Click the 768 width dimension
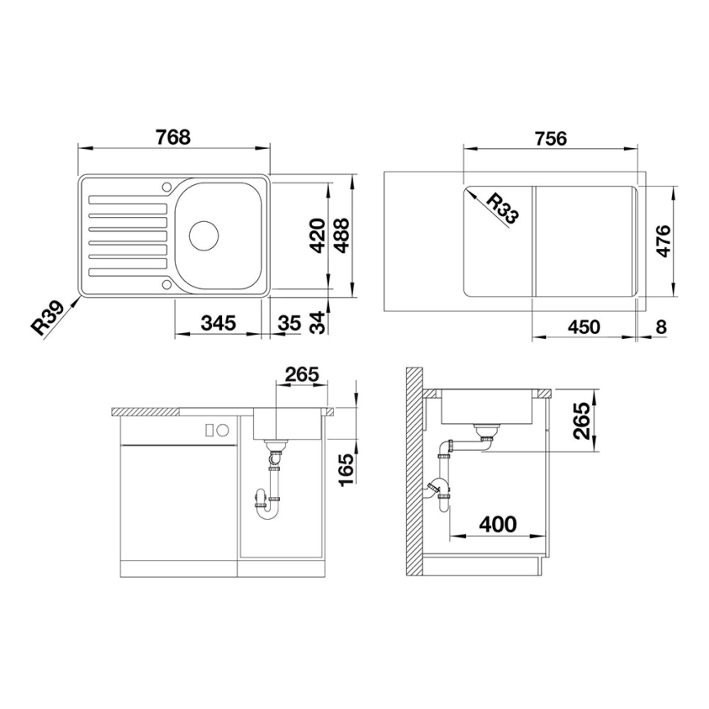[173, 138]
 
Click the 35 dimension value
[288, 323]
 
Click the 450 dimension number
[585, 327]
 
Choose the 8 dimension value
[661, 327]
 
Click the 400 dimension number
[498, 524]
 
